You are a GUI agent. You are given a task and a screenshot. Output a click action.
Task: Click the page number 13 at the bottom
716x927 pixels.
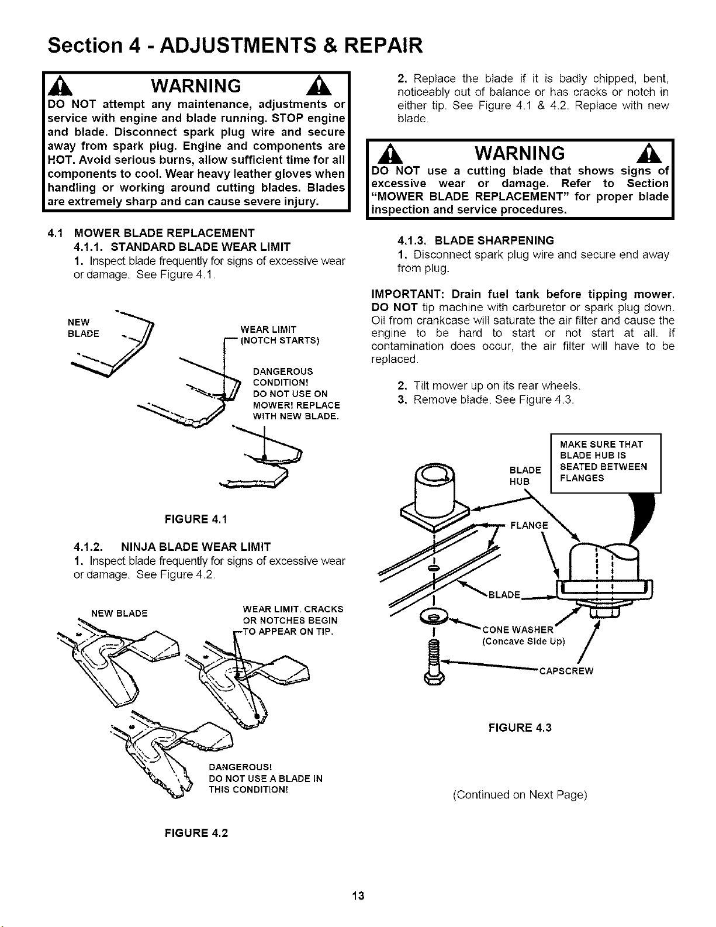click(x=358, y=895)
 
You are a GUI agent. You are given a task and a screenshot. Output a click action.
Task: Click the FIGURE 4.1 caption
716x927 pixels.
click(x=196, y=519)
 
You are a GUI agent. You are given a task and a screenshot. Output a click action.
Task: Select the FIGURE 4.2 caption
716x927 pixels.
click(x=196, y=833)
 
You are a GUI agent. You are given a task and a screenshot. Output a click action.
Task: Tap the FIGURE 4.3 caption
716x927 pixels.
click(x=520, y=728)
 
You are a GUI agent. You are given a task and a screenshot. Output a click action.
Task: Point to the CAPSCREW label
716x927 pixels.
click(x=566, y=671)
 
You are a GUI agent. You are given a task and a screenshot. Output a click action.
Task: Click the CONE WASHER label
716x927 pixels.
click(x=518, y=630)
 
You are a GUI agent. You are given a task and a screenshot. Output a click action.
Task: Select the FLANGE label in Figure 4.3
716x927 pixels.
click(x=529, y=526)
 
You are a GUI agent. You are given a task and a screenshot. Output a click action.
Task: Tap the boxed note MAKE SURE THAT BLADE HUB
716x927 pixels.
click(x=606, y=463)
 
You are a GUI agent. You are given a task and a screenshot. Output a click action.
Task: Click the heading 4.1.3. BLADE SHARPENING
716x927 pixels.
click(x=476, y=240)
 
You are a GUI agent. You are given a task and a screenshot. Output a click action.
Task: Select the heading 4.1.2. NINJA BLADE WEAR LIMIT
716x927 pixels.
click(x=172, y=547)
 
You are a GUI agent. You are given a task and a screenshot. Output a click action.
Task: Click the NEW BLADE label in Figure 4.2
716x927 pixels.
click(x=119, y=614)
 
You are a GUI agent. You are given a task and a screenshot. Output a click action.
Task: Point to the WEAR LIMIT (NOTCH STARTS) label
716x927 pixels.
click(x=279, y=335)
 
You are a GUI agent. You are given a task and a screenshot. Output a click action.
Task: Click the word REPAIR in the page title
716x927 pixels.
click(x=383, y=45)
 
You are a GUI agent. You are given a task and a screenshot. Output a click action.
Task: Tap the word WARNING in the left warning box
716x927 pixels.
click(x=196, y=86)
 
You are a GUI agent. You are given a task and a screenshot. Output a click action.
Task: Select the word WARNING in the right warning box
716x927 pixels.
click(x=520, y=153)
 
